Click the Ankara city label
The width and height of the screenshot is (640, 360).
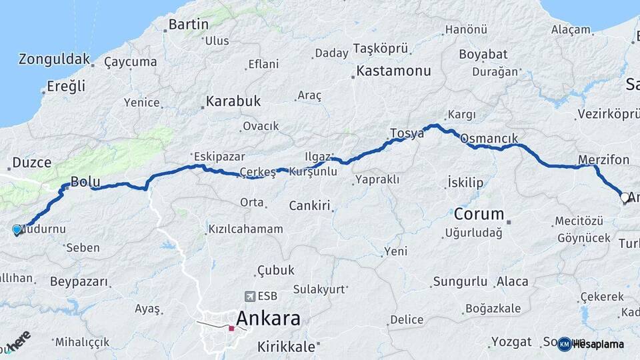pos(268,318)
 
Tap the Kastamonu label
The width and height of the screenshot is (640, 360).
pos(393,71)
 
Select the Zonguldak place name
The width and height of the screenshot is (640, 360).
pos(54,59)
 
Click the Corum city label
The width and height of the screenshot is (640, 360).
pos(479,215)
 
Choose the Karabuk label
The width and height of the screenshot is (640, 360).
pos(233,101)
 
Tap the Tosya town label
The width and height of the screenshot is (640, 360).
pos(407,133)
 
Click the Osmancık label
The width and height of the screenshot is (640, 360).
pos(489,139)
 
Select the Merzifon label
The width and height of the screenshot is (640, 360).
pos(604,160)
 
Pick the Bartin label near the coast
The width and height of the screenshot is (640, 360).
pos(189,25)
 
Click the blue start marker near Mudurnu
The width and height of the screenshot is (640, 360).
pos(17,229)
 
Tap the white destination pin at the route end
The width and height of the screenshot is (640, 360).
pos(625,197)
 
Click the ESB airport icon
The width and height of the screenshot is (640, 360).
pos(250,296)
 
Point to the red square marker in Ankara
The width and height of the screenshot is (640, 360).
pos(231,328)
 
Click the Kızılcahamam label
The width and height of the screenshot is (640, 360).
pos(245,229)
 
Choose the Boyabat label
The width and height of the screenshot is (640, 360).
pos(483,54)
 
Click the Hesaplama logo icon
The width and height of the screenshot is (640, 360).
pos(564,344)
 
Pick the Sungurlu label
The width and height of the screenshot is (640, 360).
pos(460,281)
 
